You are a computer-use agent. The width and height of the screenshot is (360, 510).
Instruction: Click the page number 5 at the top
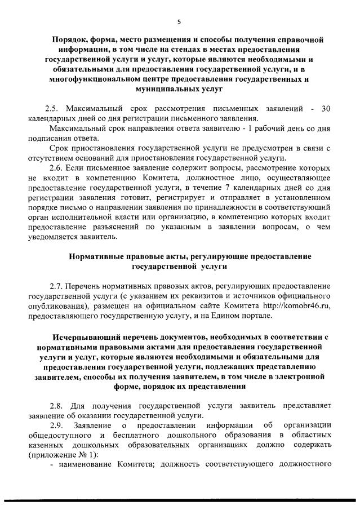click(x=179, y=22)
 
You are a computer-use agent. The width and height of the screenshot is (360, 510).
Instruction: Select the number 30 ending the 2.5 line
click(x=325, y=108)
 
